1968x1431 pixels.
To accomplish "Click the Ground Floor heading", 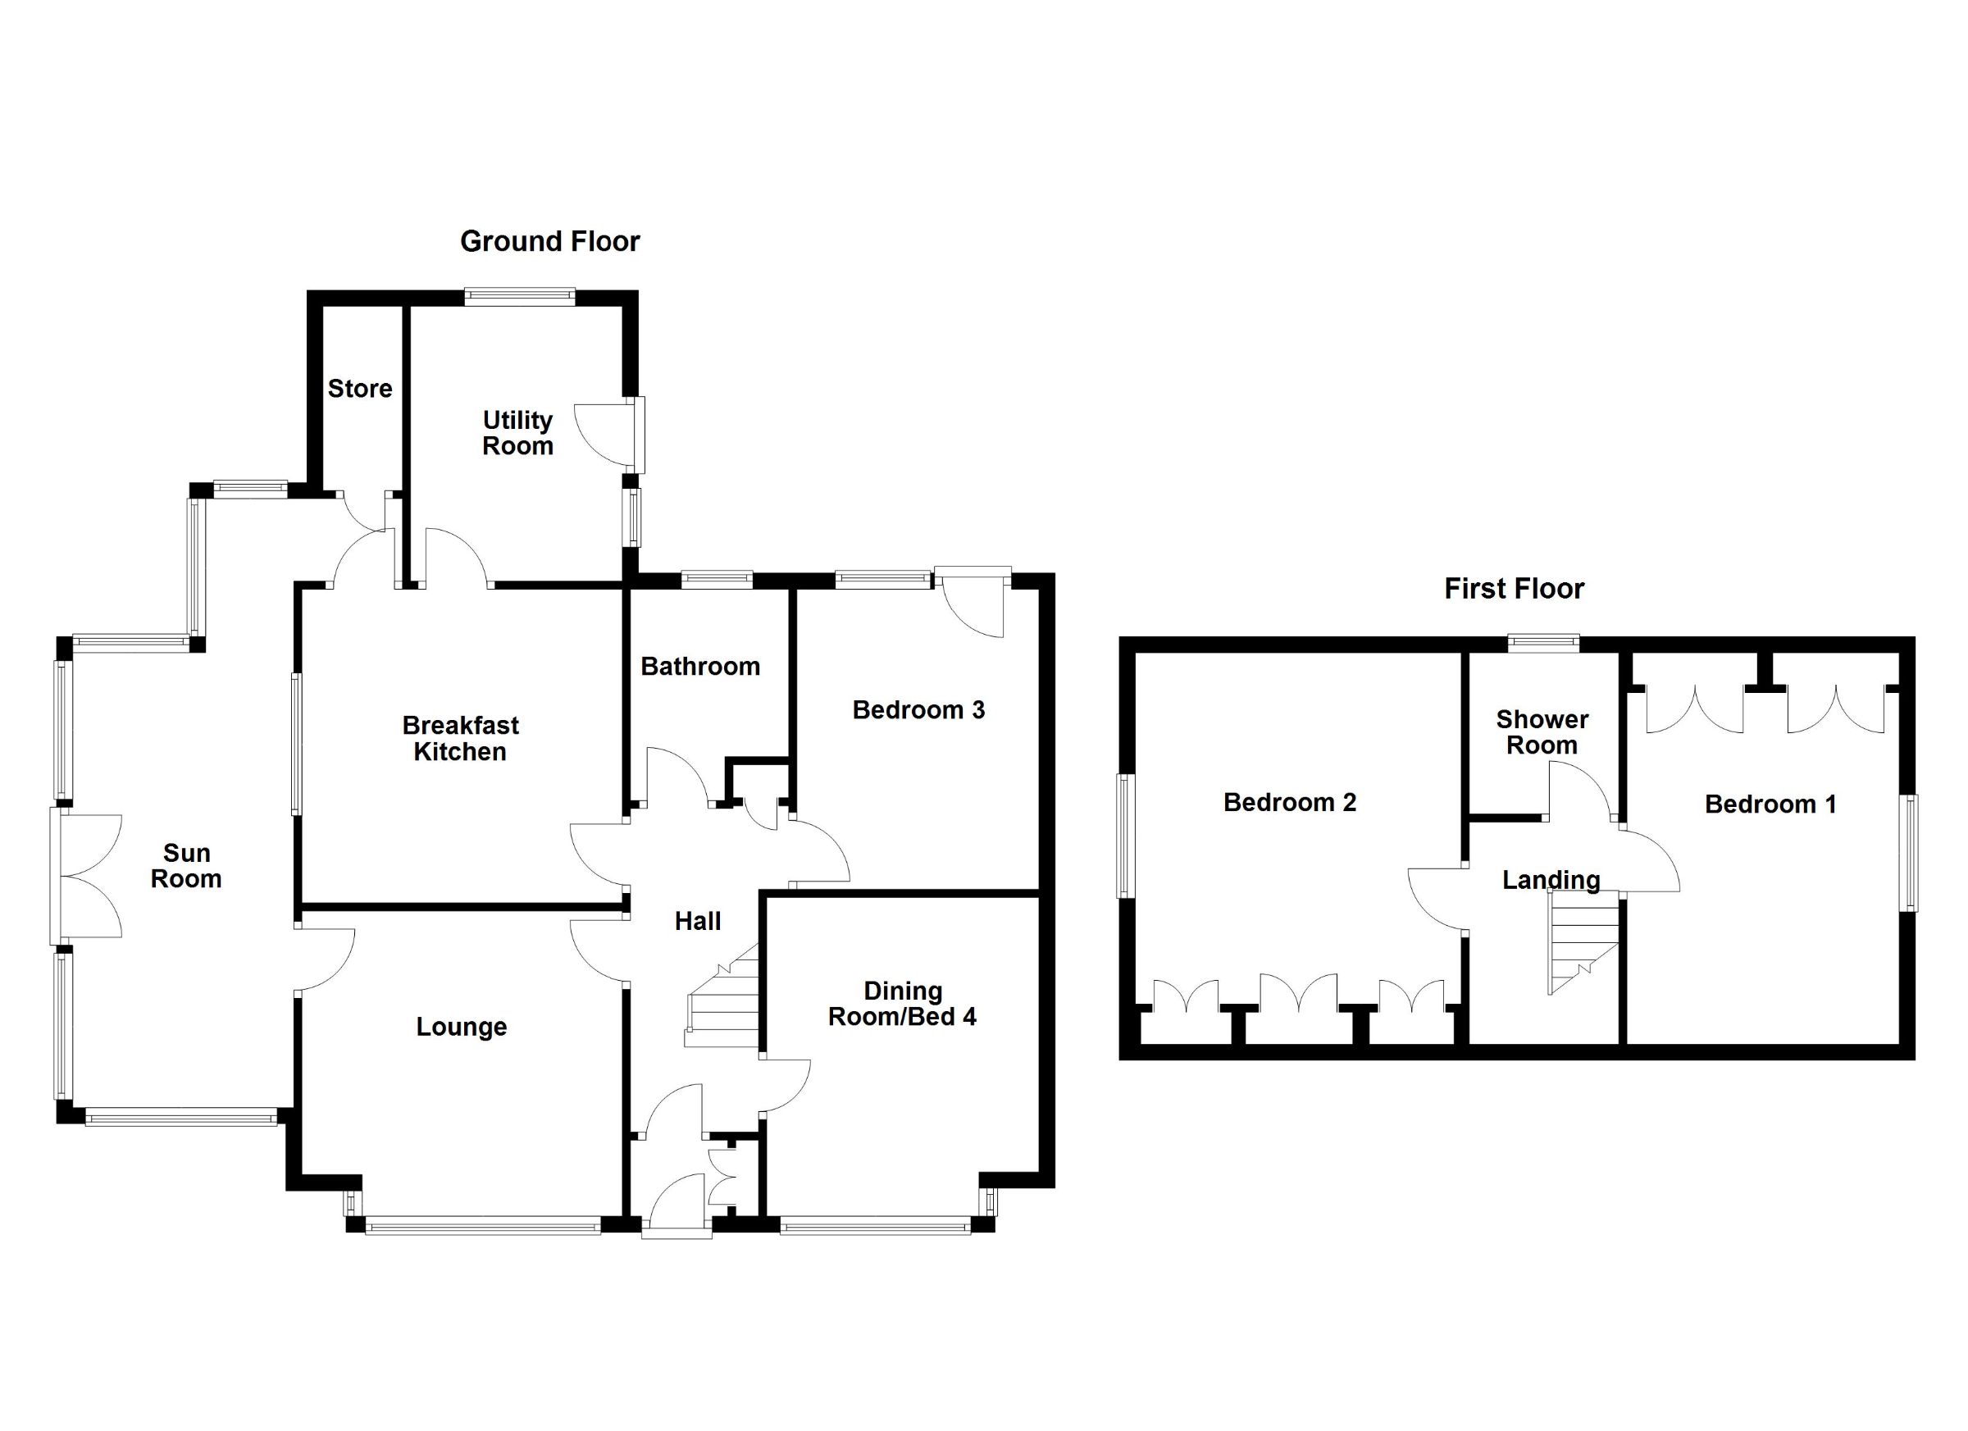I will click(x=549, y=241).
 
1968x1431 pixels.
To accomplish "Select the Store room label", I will click(x=359, y=388).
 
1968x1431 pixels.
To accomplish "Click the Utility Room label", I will click(x=517, y=433).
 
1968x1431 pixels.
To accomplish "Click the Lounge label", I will click(x=461, y=1027).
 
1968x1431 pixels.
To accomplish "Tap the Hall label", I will click(x=698, y=921).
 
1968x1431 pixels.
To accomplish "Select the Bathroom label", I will click(x=699, y=666).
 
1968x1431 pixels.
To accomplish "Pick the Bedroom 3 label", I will click(x=918, y=710).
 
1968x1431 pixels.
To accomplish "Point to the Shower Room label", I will click(x=1541, y=731).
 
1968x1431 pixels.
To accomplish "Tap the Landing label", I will click(x=1551, y=880).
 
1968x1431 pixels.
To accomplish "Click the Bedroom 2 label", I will click(x=1288, y=802).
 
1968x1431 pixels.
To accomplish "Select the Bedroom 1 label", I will click(x=1770, y=804).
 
